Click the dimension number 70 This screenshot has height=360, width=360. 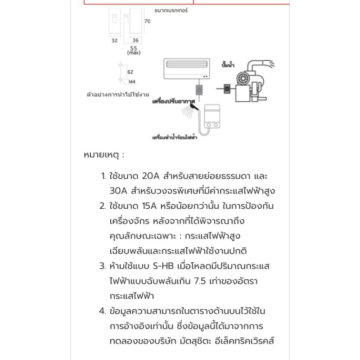[147, 21]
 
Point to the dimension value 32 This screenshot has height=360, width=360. [114, 40]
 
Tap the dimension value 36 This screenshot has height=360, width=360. [135, 40]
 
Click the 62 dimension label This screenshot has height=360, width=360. [130, 72]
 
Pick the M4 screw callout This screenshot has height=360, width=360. [132, 82]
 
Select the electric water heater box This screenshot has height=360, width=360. [212, 115]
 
